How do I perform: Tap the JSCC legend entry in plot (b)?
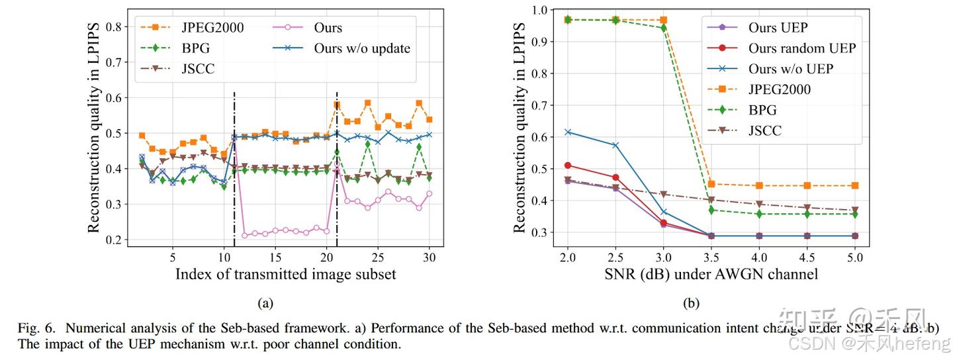[764, 130]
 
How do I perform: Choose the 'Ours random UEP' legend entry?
[801, 48]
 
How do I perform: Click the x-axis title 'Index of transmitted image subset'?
[285, 273]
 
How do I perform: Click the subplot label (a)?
[265, 303]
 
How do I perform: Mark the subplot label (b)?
[691, 303]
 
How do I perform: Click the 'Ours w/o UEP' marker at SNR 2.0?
[568, 132]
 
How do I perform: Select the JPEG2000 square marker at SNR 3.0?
[663, 20]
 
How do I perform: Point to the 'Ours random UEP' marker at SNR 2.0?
[568, 165]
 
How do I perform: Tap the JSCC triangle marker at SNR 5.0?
[854, 210]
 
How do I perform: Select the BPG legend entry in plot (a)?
[196, 48]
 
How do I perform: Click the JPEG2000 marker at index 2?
[142, 135]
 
